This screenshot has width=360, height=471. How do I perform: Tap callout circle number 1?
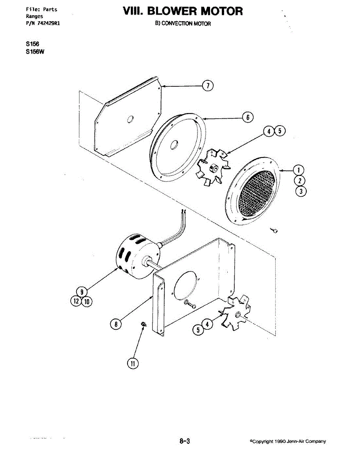coord(299,170)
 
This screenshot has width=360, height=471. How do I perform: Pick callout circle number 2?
coord(299,181)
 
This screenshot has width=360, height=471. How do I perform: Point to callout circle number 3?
coord(299,192)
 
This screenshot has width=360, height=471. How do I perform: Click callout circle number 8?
coord(115,324)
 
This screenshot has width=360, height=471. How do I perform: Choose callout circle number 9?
coord(82,292)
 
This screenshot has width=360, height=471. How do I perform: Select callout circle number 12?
coord(77,301)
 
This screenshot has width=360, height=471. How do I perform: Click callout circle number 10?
coord(87,301)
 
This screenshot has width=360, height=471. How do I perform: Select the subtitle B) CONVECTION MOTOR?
coord(183,24)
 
